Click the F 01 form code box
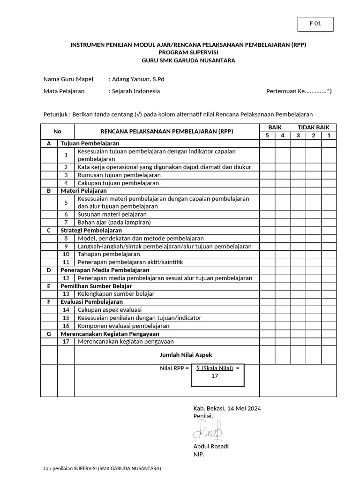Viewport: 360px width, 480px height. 315,24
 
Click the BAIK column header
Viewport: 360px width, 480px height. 275,127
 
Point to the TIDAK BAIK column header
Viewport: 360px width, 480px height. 314,127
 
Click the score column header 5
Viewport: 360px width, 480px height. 267,136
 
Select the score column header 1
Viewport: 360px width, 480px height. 329,136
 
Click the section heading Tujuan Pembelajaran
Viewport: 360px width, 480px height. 90,143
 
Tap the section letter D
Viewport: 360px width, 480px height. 49,270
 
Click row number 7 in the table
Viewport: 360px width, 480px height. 66,223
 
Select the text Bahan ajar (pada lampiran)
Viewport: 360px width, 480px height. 114,223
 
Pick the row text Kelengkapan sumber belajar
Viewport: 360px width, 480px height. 116,294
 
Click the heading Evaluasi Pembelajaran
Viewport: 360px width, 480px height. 91,302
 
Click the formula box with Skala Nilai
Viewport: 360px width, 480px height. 217,375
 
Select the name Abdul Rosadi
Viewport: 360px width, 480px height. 211,446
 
